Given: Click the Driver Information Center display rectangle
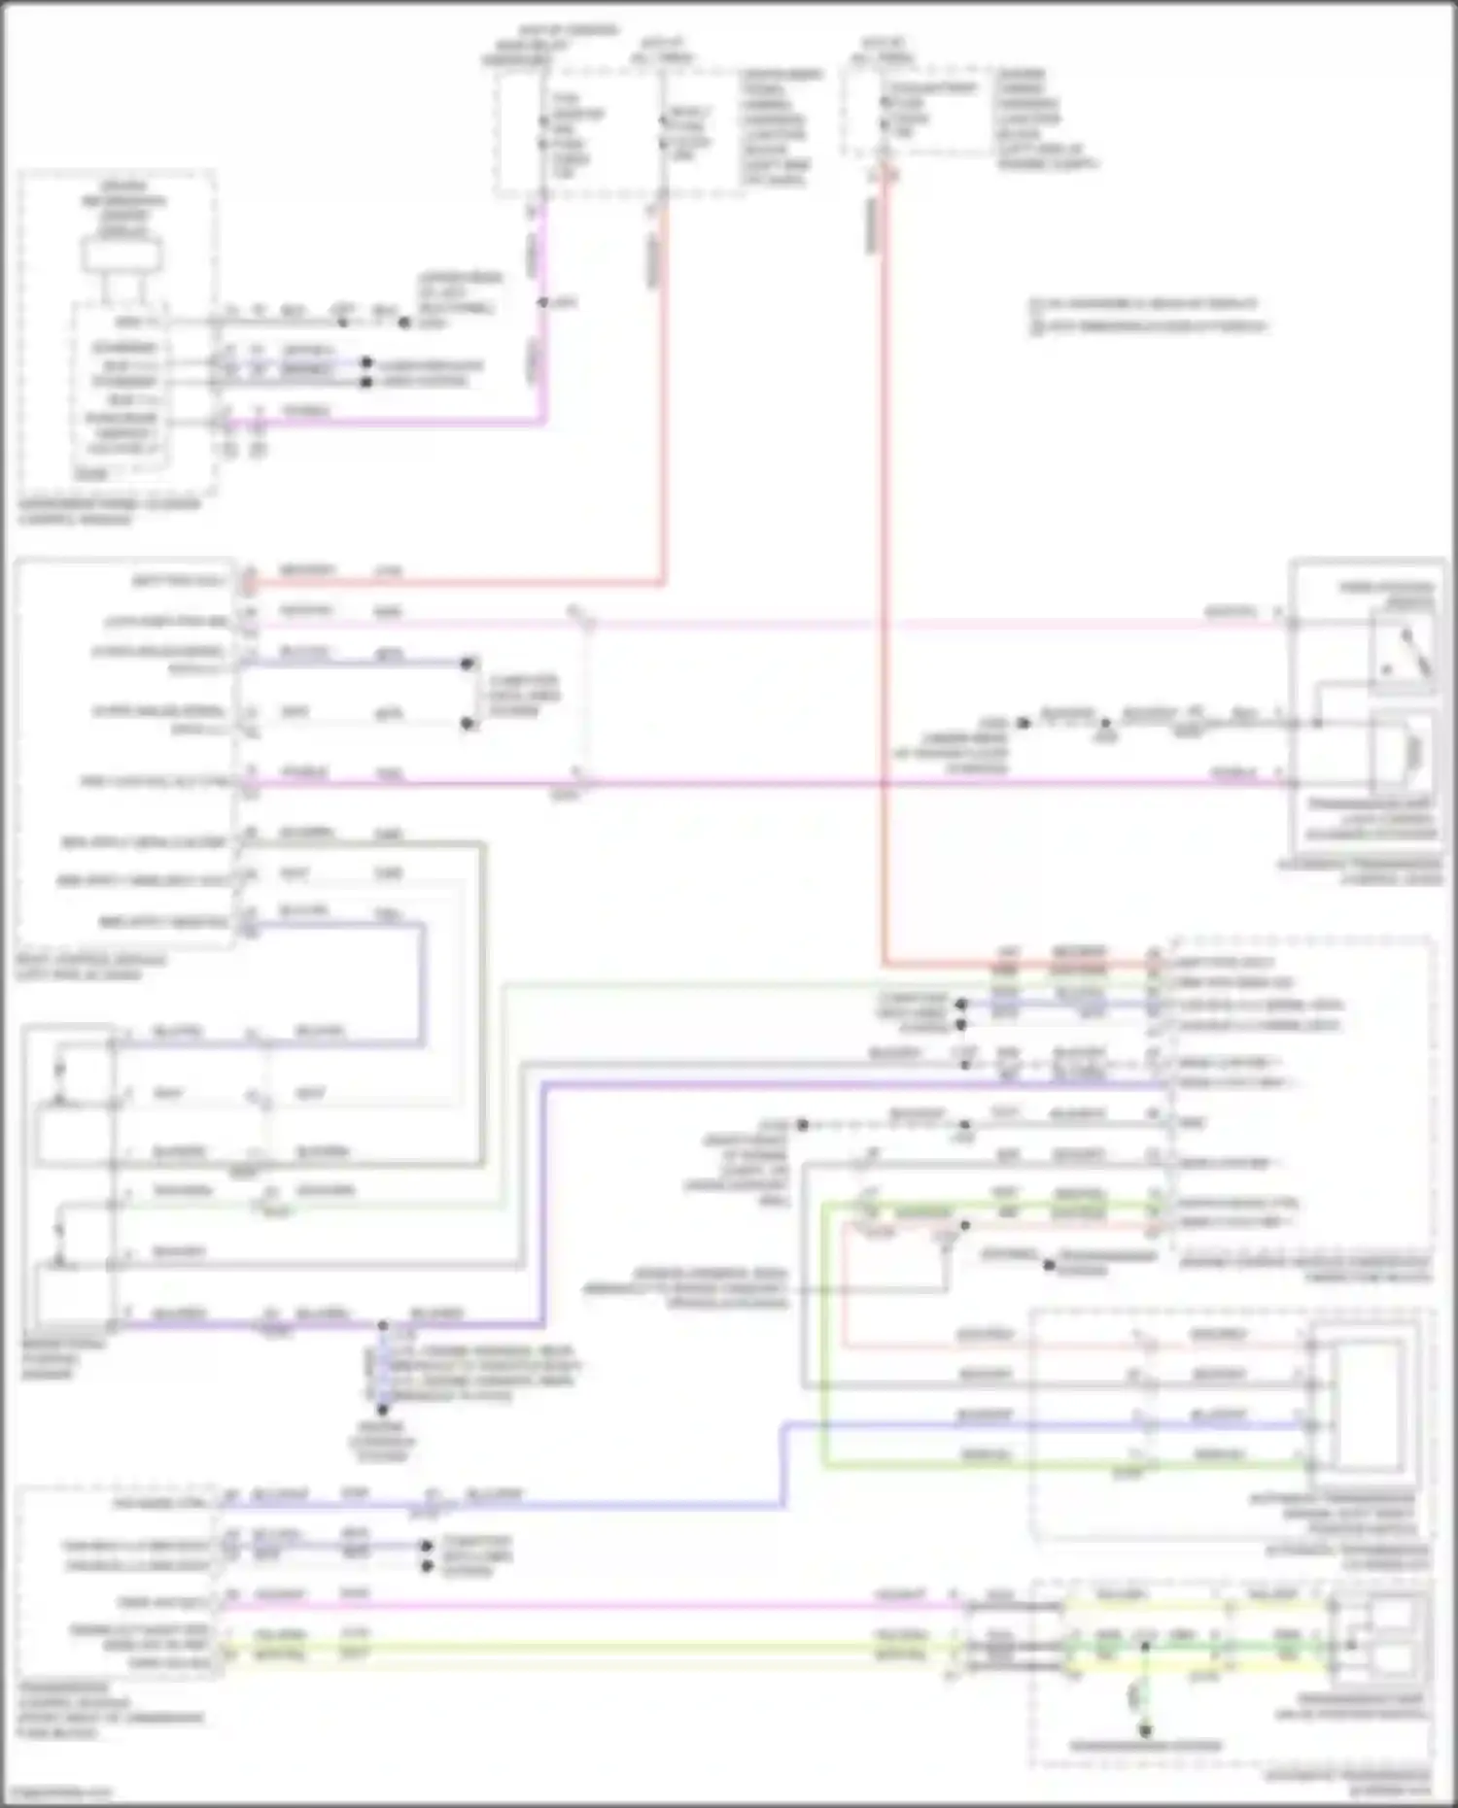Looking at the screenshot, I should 121,256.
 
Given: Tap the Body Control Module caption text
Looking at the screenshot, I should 89,967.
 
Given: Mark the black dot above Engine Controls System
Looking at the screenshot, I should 382,1410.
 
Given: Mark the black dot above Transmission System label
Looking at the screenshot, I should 1145,1729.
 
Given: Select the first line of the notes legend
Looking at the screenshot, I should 1143,304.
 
